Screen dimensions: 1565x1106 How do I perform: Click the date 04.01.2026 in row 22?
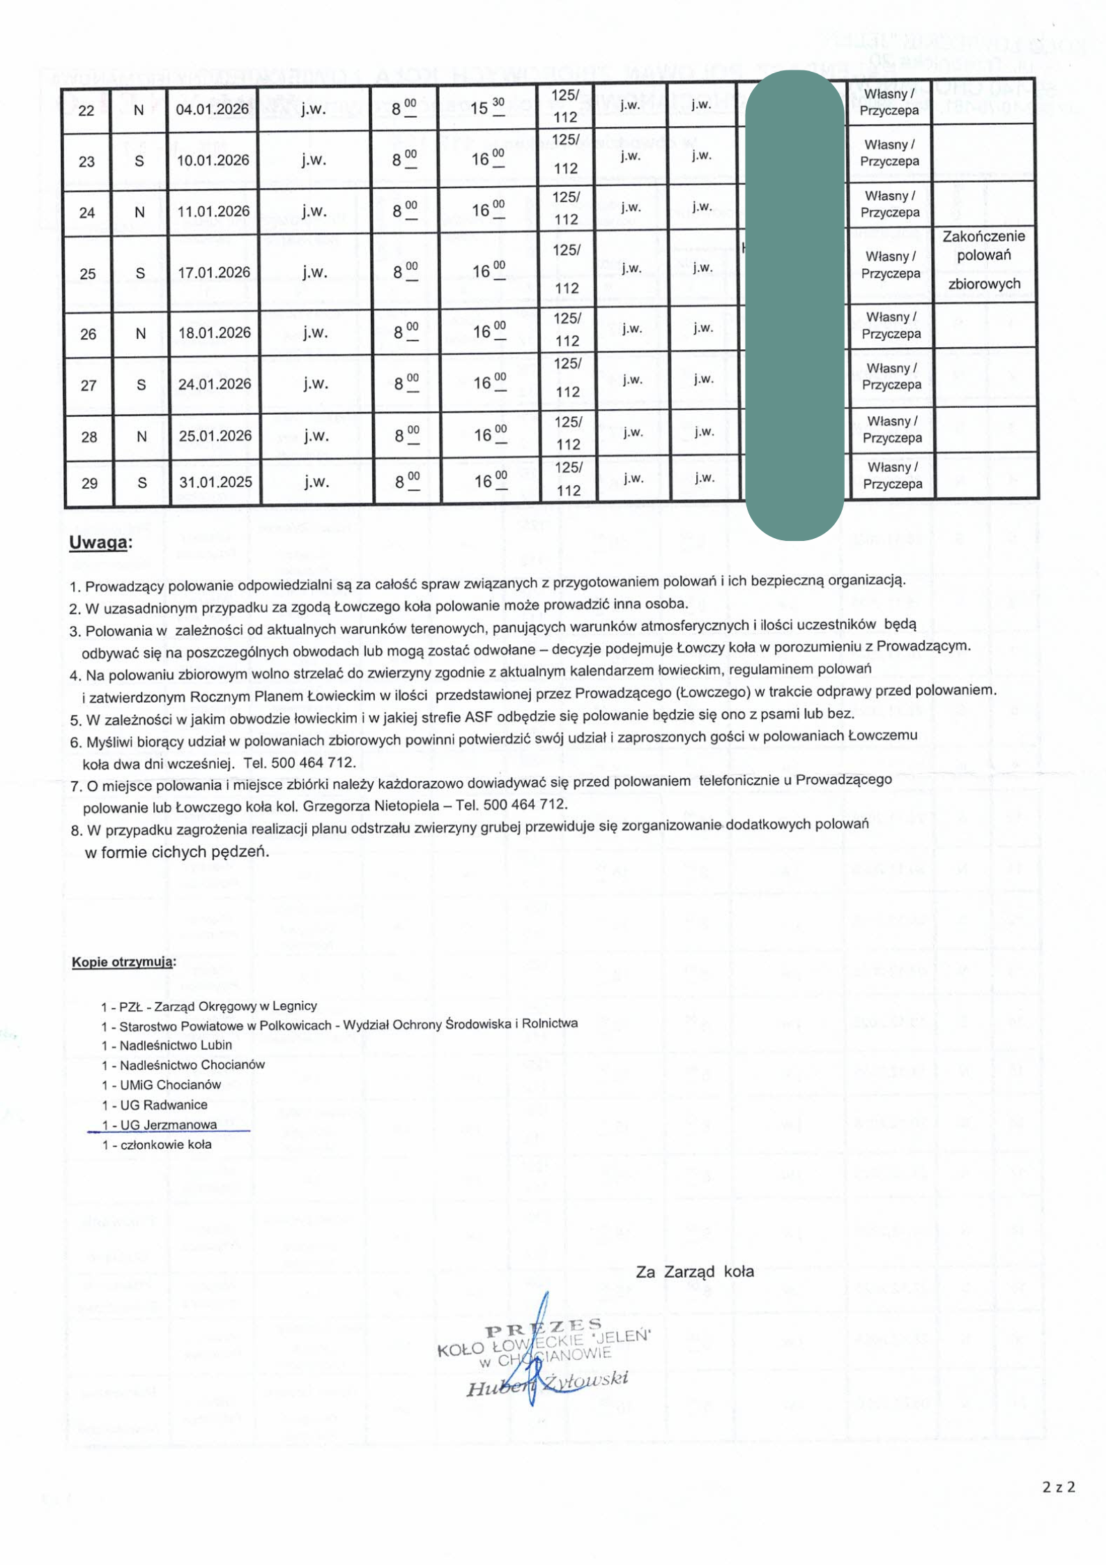[212, 109]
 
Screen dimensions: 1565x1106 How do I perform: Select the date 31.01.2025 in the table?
[215, 482]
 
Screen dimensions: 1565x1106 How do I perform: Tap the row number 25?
[88, 273]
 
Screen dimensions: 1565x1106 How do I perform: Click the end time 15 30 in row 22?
[487, 108]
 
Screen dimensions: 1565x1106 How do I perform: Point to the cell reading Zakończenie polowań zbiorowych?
[983, 259]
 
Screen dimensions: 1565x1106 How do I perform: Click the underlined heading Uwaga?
[100, 543]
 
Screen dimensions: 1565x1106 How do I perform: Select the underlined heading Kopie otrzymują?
[123, 962]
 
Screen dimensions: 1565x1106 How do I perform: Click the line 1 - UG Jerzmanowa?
[160, 1124]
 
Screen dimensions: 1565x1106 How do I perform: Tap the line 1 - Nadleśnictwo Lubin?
[167, 1045]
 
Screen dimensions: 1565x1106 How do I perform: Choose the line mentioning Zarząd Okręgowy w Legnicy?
[209, 1006]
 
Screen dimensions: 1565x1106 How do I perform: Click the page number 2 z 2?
[1059, 1487]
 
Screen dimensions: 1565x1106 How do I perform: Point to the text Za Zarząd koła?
[694, 1272]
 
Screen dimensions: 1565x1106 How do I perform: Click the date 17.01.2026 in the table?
[214, 272]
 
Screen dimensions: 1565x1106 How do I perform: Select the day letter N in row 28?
[141, 437]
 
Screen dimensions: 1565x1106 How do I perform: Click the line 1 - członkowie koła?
[157, 1145]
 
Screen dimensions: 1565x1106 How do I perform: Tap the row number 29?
[89, 483]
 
